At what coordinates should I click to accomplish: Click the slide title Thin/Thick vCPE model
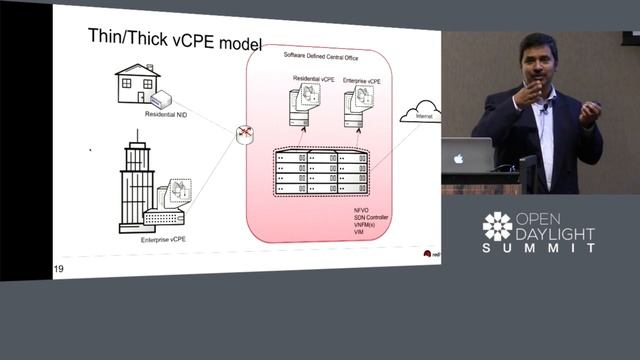tap(174, 43)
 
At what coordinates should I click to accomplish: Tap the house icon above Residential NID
tap(137, 85)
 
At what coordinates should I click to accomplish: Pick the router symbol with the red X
tap(243, 135)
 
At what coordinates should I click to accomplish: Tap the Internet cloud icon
tap(420, 113)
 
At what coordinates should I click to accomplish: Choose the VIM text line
tap(347, 233)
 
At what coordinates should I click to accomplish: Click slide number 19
tap(59, 268)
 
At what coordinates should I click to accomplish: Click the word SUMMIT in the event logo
tap(539, 247)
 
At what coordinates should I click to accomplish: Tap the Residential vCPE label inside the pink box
tap(312, 78)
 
